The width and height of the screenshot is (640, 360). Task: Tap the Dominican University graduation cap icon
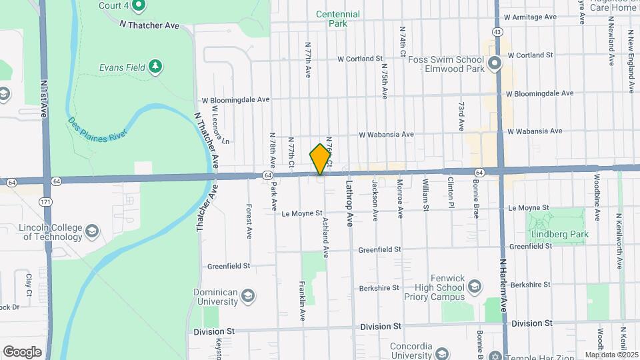[248, 295]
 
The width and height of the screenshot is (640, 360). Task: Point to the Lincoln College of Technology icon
[91, 231]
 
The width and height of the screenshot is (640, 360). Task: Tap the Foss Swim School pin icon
[494, 64]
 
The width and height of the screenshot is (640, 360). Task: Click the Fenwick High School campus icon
[474, 287]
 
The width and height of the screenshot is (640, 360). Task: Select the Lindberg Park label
[556, 234]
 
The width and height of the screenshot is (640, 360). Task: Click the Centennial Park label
[337, 19]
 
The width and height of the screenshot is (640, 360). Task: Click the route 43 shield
[497, 31]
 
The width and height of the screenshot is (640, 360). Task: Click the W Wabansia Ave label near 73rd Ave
[386, 134]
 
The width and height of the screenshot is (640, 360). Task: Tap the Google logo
[23, 351]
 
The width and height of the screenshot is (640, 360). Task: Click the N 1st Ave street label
[44, 99]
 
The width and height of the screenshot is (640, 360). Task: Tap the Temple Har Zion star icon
[495, 355]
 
